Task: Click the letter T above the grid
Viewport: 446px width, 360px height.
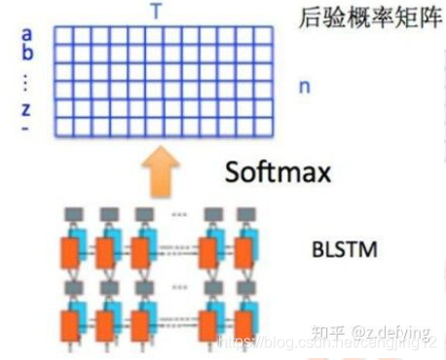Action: click(156, 13)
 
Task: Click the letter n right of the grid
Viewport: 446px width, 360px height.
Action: click(304, 87)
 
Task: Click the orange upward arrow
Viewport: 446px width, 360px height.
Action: click(155, 171)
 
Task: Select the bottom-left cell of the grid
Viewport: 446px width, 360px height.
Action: click(60, 126)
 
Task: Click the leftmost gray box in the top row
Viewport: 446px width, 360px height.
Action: click(71, 213)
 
